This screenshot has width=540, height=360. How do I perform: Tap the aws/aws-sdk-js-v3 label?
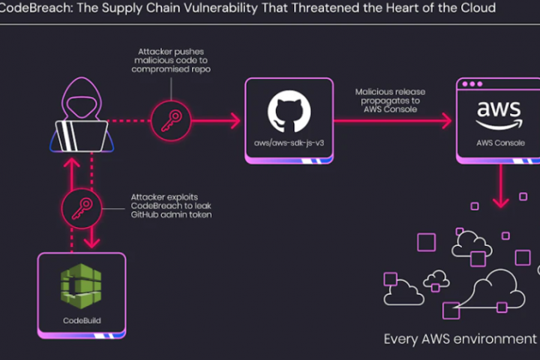pos(288,144)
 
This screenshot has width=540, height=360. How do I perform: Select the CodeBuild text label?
pos(81,319)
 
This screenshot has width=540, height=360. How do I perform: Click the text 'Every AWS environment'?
pos(459,339)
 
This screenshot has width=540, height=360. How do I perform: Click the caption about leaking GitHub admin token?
pos(171,205)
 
